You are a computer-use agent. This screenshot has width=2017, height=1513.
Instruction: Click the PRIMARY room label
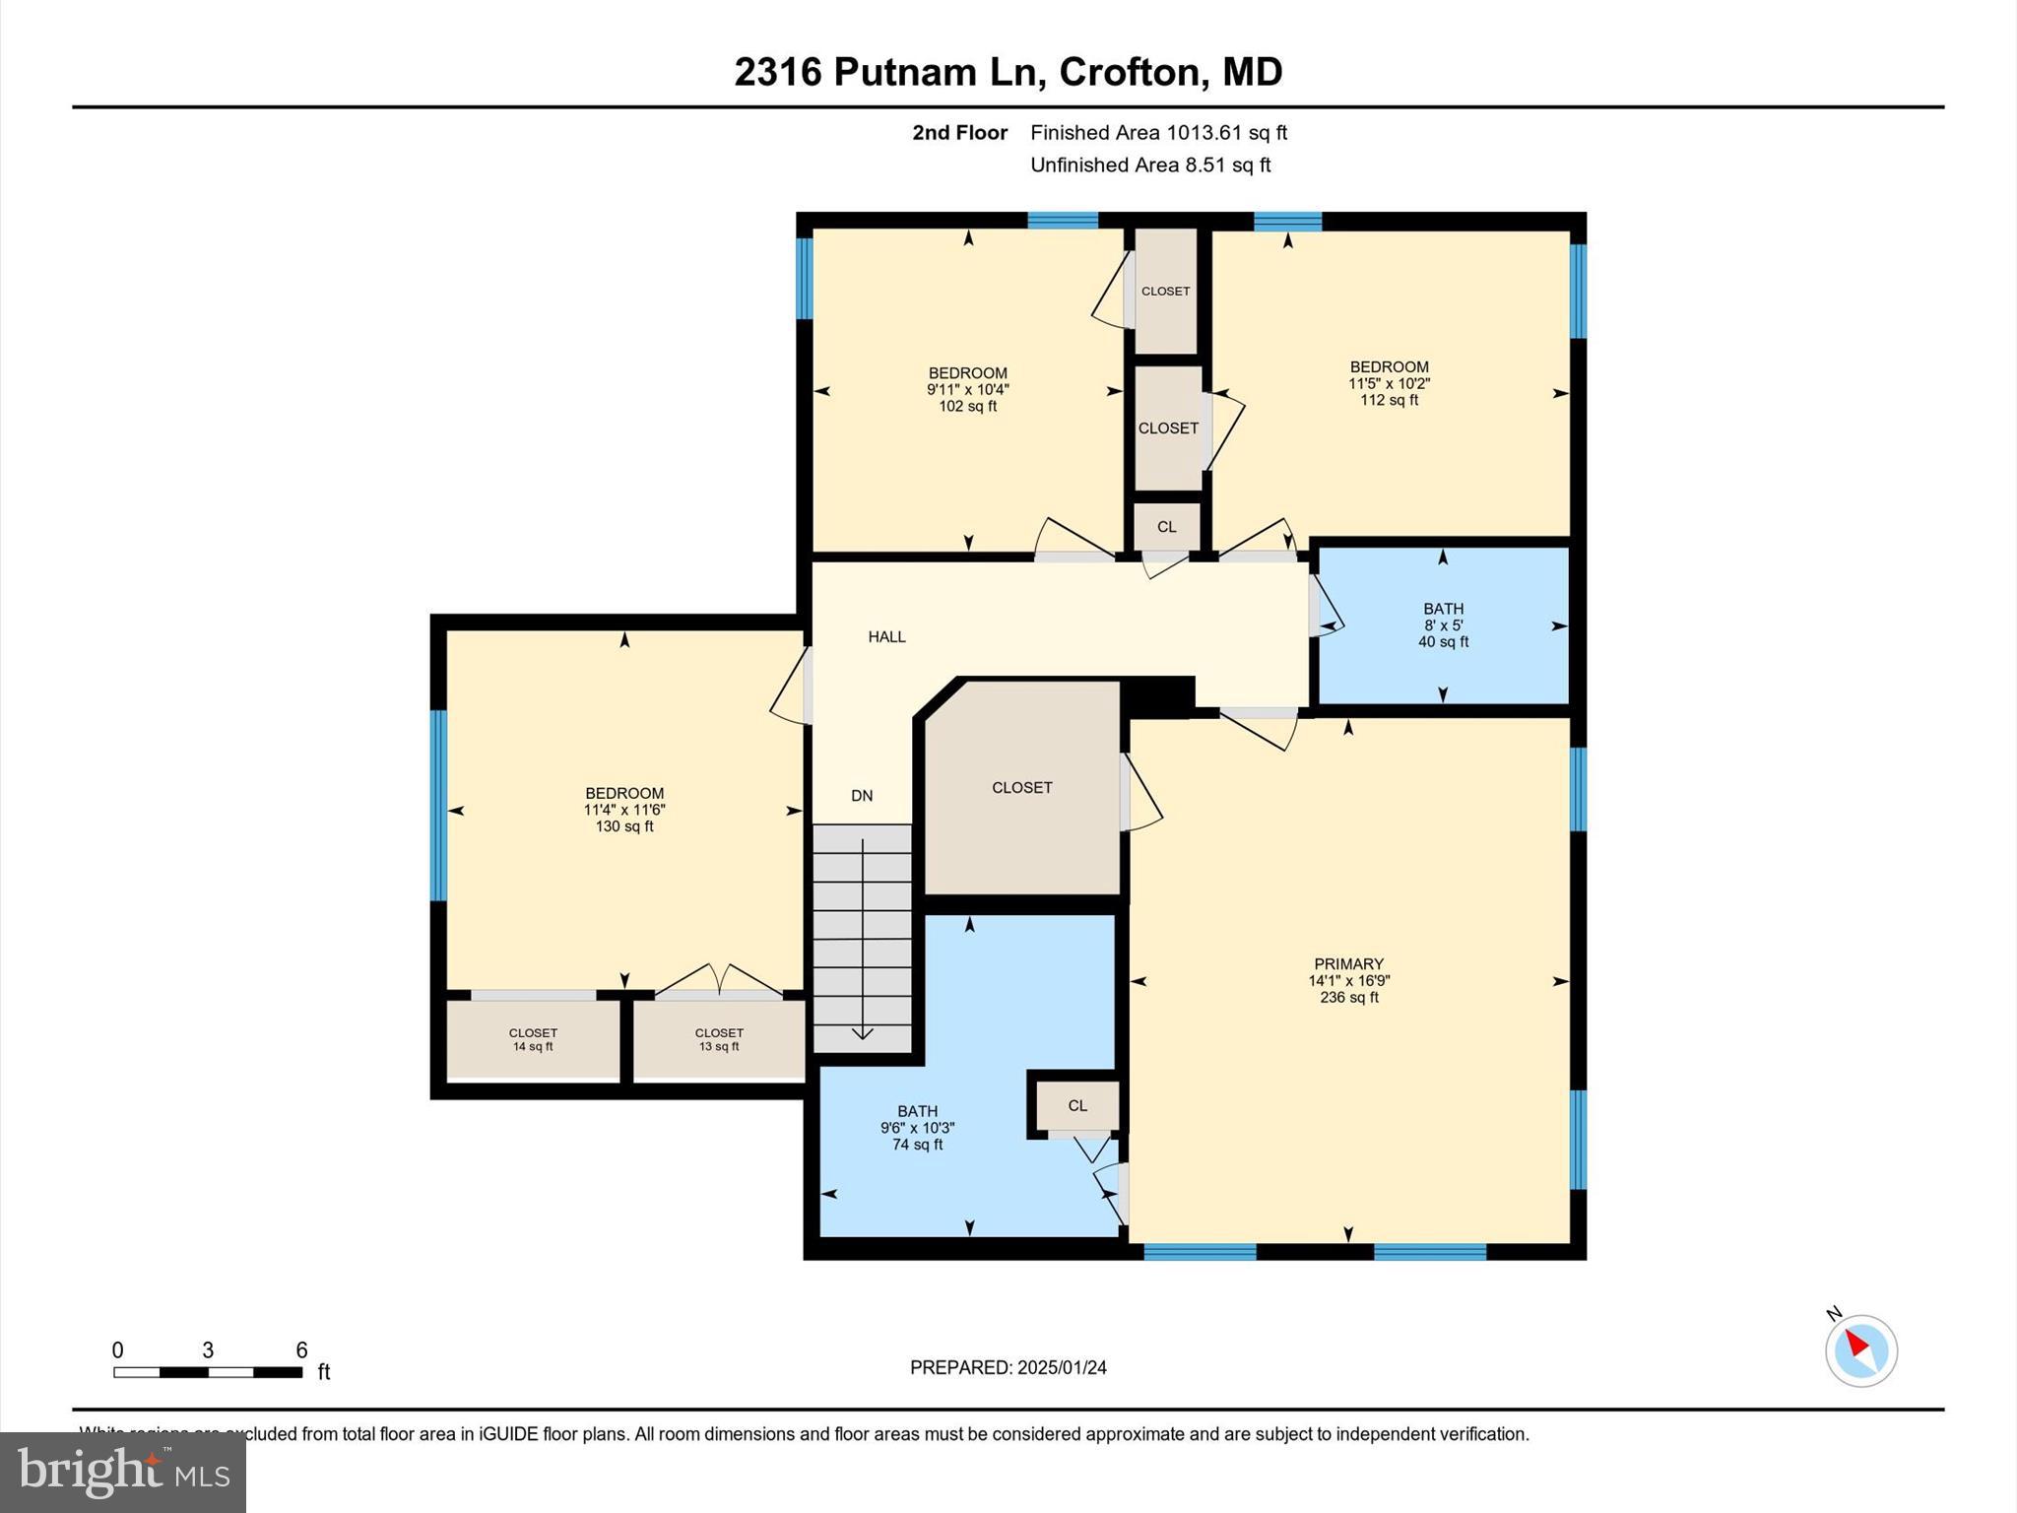tap(1348, 964)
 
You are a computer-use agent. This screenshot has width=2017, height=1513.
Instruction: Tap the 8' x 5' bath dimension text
tap(1443, 625)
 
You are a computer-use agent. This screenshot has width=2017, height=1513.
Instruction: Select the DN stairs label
tap(862, 796)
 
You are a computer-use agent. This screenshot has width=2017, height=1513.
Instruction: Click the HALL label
tap(886, 637)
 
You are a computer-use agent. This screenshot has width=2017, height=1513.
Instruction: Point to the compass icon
tap(1860, 1350)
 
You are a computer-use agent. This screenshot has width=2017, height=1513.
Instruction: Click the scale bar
tap(208, 1371)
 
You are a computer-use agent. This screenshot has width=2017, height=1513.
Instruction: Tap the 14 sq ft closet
tap(533, 1040)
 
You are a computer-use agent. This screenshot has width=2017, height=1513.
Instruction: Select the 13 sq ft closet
tap(719, 1040)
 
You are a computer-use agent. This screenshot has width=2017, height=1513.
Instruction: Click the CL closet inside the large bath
tap(1077, 1106)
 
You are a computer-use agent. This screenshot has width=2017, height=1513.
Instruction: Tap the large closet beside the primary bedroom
tap(1021, 788)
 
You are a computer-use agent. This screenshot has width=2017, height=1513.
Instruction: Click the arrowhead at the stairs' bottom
tap(863, 1032)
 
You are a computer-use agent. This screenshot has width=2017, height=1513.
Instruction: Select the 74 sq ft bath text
tap(918, 1145)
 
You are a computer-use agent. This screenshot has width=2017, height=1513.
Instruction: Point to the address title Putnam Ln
tap(1008, 72)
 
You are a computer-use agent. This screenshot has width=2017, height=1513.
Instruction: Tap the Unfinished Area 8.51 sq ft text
tap(1150, 165)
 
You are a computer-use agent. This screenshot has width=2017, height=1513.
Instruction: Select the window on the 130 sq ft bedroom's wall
tap(439, 806)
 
